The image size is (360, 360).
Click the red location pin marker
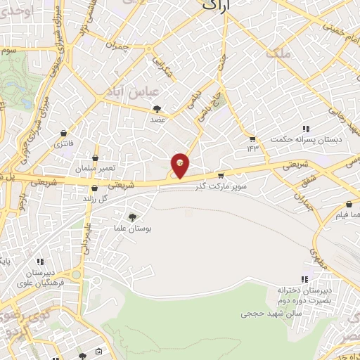click(181, 165)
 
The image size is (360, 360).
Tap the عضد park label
click(157, 120)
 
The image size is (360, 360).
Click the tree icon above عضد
click(157, 109)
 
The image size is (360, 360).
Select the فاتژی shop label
click(64, 143)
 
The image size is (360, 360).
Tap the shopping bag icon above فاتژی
click(65, 133)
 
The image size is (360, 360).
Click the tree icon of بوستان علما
click(133, 217)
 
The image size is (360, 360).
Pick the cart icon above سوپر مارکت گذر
click(221, 175)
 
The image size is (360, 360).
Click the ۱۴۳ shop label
click(252, 148)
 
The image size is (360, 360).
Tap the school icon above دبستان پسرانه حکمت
click(306, 129)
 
